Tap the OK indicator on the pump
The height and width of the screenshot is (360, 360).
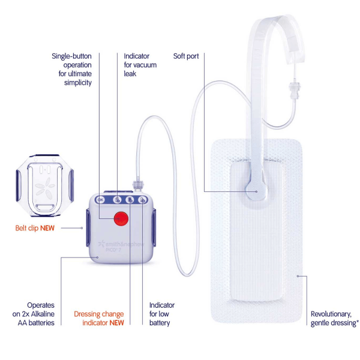100,200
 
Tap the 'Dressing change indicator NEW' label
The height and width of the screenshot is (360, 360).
99,318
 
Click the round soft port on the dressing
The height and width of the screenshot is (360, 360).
256,192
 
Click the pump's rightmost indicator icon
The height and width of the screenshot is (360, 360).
143,200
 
